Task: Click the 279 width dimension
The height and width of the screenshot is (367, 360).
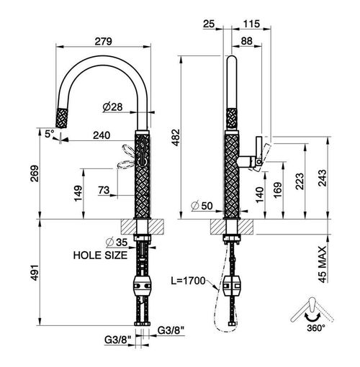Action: coord(103,41)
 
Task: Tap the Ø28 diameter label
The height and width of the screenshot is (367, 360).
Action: coord(112,107)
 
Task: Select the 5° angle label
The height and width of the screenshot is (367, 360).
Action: coord(50,134)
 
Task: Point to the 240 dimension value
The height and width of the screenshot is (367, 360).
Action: coord(102,135)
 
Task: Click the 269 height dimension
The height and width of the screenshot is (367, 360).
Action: coord(35,173)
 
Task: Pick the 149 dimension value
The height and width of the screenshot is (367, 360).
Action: coord(78,194)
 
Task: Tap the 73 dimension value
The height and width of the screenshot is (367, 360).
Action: coord(104,190)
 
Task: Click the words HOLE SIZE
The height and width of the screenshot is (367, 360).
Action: coord(100,255)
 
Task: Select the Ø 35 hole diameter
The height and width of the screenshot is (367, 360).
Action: coord(117,243)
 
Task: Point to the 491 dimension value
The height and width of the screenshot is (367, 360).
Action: coord(35,273)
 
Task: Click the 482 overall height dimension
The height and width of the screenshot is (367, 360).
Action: coord(176,137)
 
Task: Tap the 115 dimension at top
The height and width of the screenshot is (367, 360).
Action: coord(251,24)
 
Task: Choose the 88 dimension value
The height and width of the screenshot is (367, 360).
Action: coord(247,41)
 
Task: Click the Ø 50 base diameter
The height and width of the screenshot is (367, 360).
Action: coord(202,206)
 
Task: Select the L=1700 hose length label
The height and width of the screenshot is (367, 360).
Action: coord(188,281)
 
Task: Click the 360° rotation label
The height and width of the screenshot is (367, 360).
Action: coord(316,327)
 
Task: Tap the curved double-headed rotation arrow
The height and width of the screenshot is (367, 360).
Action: coord(312,317)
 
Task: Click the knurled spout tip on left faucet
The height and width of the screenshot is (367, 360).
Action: coord(62,118)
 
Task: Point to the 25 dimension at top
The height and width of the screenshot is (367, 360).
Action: coord(209,24)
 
